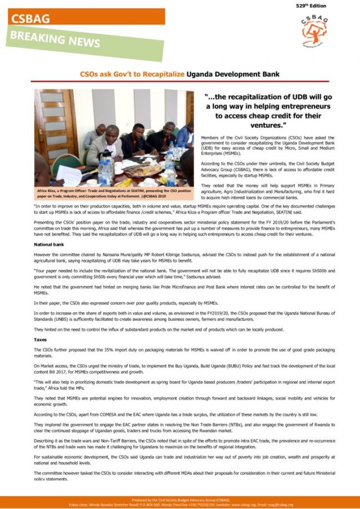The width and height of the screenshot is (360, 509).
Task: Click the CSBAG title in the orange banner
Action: (30, 18)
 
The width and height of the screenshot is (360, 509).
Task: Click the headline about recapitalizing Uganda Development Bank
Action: (179, 74)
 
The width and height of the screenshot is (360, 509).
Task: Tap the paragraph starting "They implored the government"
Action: (179, 427)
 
